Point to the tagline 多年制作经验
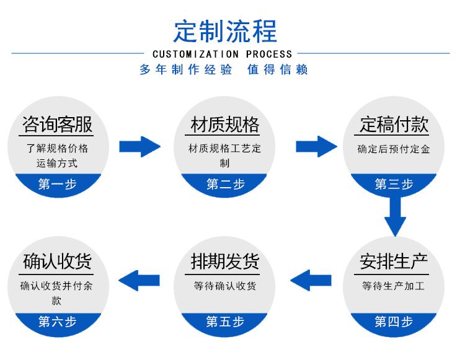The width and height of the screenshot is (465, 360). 186,69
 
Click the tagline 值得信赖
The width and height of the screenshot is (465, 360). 277,69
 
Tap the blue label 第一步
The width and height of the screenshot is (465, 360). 57,184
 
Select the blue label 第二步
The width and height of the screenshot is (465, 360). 225,184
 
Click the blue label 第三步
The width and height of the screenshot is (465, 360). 394,184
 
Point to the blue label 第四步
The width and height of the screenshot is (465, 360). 394,322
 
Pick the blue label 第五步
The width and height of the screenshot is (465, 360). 225,322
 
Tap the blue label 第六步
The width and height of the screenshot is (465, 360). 57,322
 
